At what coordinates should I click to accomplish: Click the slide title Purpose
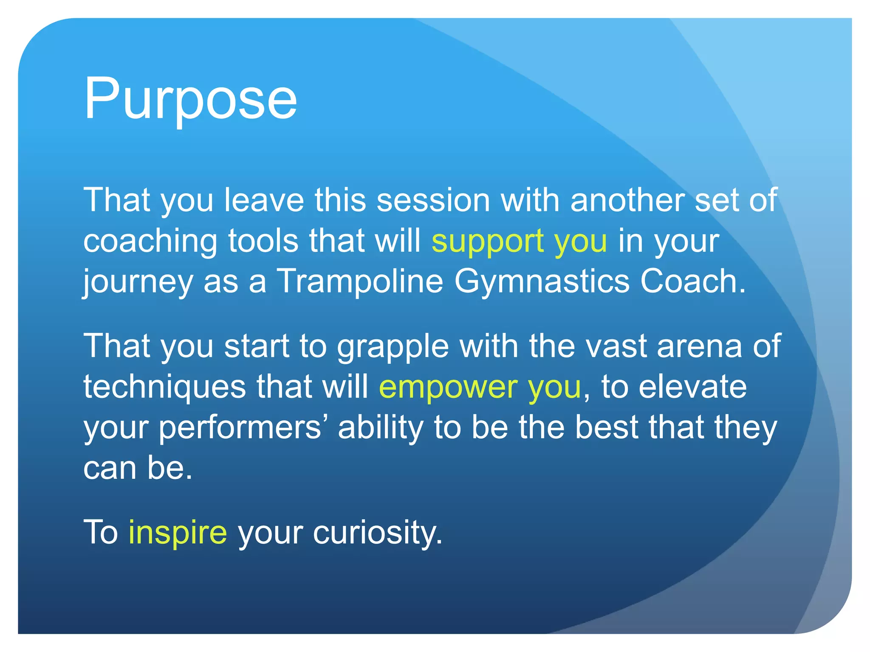[x=190, y=98]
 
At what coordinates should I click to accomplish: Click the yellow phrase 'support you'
[x=519, y=241]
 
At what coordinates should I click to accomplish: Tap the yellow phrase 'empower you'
[x=480, y=387]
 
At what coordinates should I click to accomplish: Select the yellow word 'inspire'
[x=178, y=532]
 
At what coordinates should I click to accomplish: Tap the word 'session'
[x=433, y=200]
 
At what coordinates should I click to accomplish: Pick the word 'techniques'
[x=164, y=387]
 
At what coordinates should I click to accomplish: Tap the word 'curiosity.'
[x=378, y=532]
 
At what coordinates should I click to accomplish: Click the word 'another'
[x=627, y=200]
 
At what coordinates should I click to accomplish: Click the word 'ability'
[x=380, y=427]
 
